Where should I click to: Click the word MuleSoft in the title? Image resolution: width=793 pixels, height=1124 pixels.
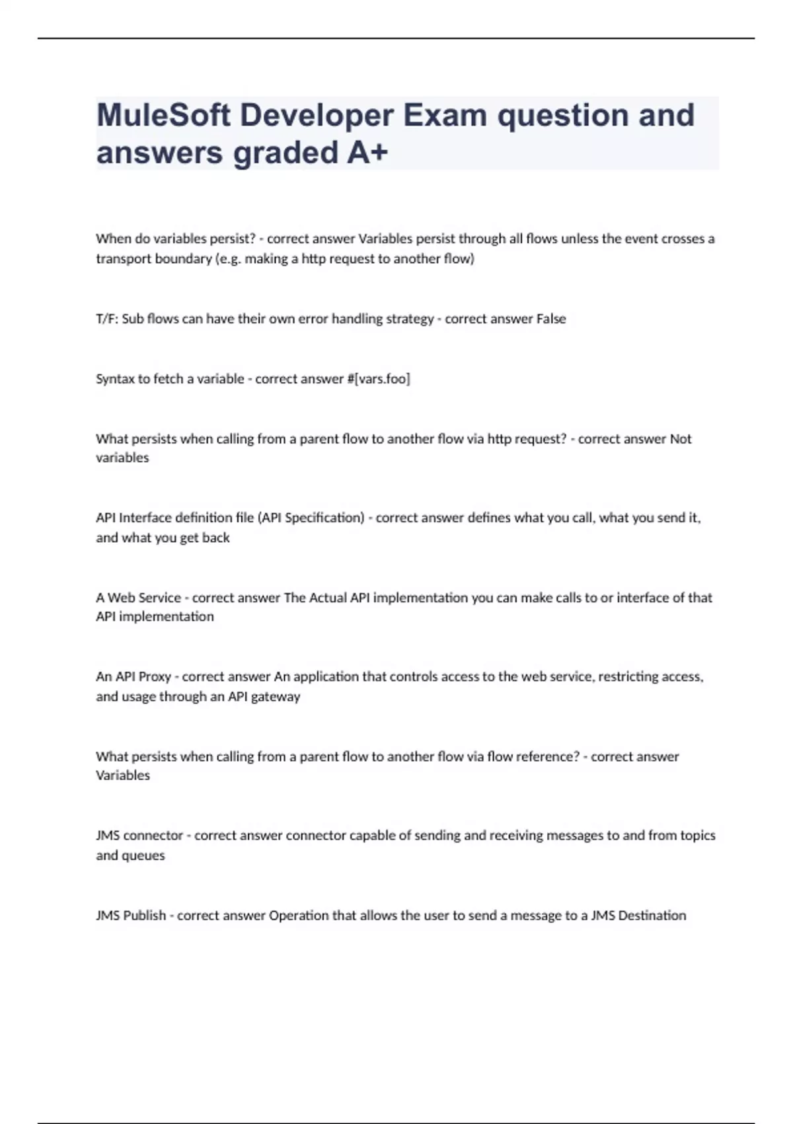click(163, 116)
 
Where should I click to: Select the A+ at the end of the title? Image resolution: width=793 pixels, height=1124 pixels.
click(367, 153)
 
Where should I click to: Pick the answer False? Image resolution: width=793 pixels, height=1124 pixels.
click(551, 319)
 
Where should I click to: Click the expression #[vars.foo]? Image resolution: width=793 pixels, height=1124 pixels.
click(378, 379)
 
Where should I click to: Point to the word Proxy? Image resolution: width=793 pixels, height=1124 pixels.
click(153, 676)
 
